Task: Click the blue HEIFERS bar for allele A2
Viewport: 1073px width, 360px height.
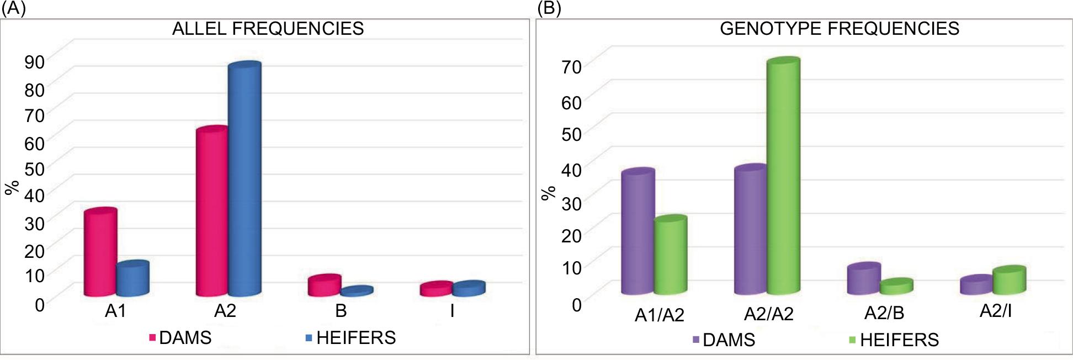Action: (x=245, y=179)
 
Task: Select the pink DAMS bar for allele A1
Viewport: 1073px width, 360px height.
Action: (x=100, y=253)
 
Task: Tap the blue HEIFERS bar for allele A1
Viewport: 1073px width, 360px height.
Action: (x=132, y=279)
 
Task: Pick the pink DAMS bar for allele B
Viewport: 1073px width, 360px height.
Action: (x=324, y=286)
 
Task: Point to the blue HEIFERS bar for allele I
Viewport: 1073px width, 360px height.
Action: (x=469, y=289)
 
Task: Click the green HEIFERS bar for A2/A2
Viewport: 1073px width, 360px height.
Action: (x=783, y=177)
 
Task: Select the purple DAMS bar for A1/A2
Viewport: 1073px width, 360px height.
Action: (x=638, y=232)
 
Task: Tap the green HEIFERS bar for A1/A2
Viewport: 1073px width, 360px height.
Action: (x=671, y=255)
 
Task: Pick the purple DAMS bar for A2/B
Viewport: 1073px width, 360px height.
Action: (x=863, y=279)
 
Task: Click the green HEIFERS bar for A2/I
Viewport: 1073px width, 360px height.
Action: (x=1009, y=280)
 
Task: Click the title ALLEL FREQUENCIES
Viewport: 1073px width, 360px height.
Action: (x=268, y=29)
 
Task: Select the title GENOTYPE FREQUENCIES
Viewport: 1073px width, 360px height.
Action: (x=839, y=29)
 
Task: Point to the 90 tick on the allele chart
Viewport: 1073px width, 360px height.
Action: (x=34, y=62)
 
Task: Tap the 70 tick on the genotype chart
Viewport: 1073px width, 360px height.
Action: (x=571, y=67)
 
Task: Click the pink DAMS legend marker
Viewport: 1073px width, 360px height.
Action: (x=152, y=337)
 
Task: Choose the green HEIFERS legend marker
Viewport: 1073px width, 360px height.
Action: (x=853, y=340)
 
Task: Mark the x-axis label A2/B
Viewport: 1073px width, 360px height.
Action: (x=884, y=313)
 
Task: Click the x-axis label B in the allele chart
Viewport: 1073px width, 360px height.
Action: (x=341, y=311)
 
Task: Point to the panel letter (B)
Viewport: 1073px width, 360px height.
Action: (x=549, y=9)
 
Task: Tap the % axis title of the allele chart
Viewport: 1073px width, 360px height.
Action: (x=12, y=188)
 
